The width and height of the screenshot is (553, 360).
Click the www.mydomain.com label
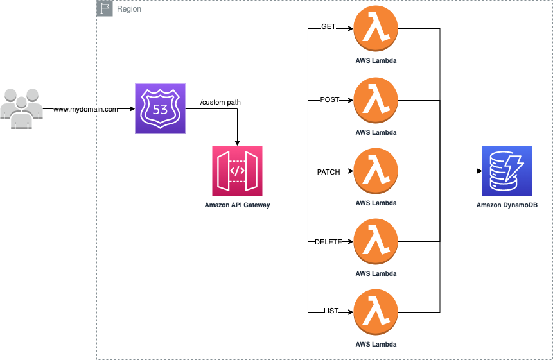coord(85,110)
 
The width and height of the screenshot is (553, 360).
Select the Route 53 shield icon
coord(160,108)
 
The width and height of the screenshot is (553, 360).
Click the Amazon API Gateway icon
coord(237,171)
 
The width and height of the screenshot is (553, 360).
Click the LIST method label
coord(331,312)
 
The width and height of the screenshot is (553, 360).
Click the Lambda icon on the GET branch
coord(376,30)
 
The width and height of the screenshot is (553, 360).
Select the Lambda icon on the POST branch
coord(376,101)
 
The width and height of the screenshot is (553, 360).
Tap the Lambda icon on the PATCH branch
coord(376,171)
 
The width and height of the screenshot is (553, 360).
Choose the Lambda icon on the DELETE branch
coord(376,242)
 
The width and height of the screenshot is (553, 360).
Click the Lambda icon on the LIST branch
coord(376,313)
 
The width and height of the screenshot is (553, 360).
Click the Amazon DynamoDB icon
coord(507,171)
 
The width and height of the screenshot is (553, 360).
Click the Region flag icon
coord(104,9)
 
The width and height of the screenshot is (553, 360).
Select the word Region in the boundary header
coord(129,9)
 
